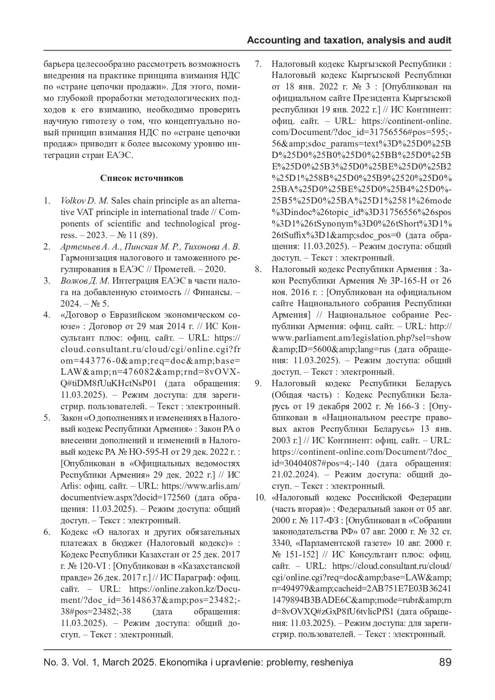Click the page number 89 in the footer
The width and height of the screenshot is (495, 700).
pyautogui.click(x=445, y=662)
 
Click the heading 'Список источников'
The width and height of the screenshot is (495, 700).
pyautogui.click(x=141, y=178)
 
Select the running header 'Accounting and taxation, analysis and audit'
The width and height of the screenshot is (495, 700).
pyautogui.click(x=349, y=40)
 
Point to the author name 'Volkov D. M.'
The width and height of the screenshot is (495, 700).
pyautogui.click(x=84, y=201)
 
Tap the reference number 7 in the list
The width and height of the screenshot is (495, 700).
pyautogui.click(x=258, y=64)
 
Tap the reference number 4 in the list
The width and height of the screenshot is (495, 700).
pyautogui.click(x=47, y=315)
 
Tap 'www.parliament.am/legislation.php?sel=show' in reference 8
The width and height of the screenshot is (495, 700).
pyautogui.click(x=361, y=338)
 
